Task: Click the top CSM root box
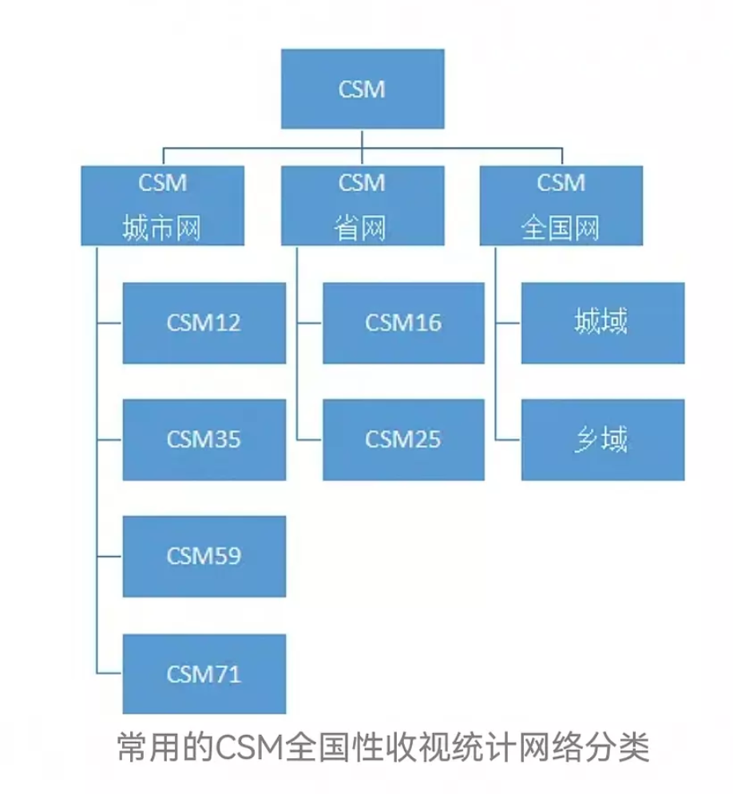pyautogui.click(x=363, y=89)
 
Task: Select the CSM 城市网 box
pyautogui.click(x=162, y=205)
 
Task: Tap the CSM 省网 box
pyautogui.click(x=363, y=205)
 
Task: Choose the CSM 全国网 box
pyautogui.click(x=561, y=205)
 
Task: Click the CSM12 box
pyautogui.click(x=204, y=323)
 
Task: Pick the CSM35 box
pyautogui.click(x=204, y=439)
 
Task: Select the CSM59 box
pyautogui.click(x=204, y=556)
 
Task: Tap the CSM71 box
pyautogui.click(x=204, y=673)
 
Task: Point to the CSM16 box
pyautogui.click(x=403, y=323)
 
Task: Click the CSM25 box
pyautogui.click(x=403, y=439)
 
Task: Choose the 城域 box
pyautogui.click(x=603, y=323)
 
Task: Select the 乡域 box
pyautogui.click(x=603, y=439)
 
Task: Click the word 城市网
pyautogui.click(x=162, y=229)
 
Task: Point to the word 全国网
pyautogui.click(x=561, y=229)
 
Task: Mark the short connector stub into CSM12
pyautogui.click(x=109, y=324)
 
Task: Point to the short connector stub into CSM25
pyautogui.click(x=309, y=440)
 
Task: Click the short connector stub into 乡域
pyautogui.click(x=508, y=440)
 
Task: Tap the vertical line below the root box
pyautogui.click(x=363, y=138)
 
